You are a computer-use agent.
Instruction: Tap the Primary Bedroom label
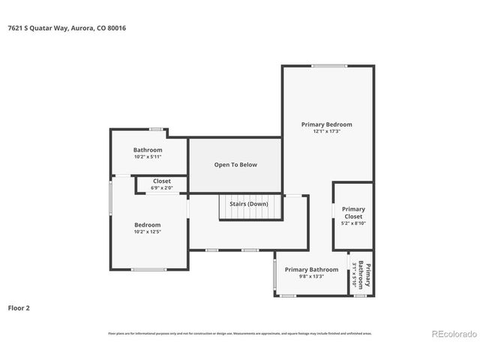pos(326,124)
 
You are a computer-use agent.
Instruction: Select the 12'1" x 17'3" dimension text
pos(326,131)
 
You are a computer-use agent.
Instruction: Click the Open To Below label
pos(235,164)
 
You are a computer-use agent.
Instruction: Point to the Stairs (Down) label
pos(248,204)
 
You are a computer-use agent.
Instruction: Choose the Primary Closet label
pos(353,212)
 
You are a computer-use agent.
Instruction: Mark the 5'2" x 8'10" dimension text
pos(353,223)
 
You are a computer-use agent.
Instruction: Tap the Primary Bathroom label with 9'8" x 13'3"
pos(311,269)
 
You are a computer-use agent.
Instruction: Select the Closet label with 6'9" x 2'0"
pos(162,181)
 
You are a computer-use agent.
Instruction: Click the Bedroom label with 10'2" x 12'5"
pos(148,225)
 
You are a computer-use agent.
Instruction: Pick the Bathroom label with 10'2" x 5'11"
pos(148,150)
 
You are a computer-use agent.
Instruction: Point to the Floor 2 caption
pos(19,307)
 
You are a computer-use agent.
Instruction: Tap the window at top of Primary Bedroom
pos(328,66)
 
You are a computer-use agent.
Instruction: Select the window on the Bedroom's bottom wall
pos(148,269)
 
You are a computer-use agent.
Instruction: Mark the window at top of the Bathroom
pos(156,129)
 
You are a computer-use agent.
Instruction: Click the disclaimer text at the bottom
pos(239,333)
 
